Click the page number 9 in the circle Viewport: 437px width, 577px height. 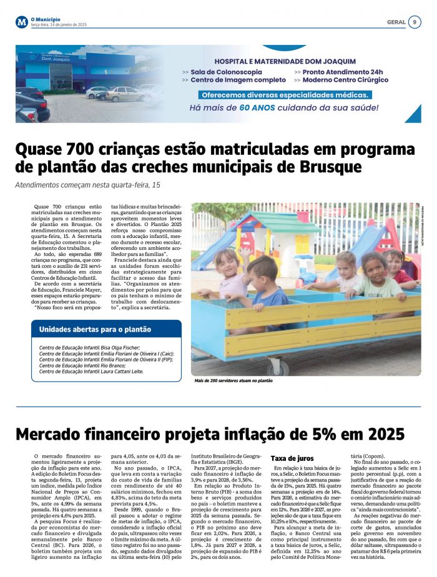tap(415, 22)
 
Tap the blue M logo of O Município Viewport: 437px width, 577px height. tap(22, 22)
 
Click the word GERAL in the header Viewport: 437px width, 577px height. tap(396, 22)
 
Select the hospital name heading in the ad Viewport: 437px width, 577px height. tap(285, 62)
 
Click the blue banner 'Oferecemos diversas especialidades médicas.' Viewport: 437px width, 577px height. tap(285, 95)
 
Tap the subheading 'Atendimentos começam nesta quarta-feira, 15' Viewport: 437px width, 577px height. tap(87, 185)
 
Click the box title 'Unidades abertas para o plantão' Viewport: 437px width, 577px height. tap(95, 329)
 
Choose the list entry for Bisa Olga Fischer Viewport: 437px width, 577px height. tap(89, 348)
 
